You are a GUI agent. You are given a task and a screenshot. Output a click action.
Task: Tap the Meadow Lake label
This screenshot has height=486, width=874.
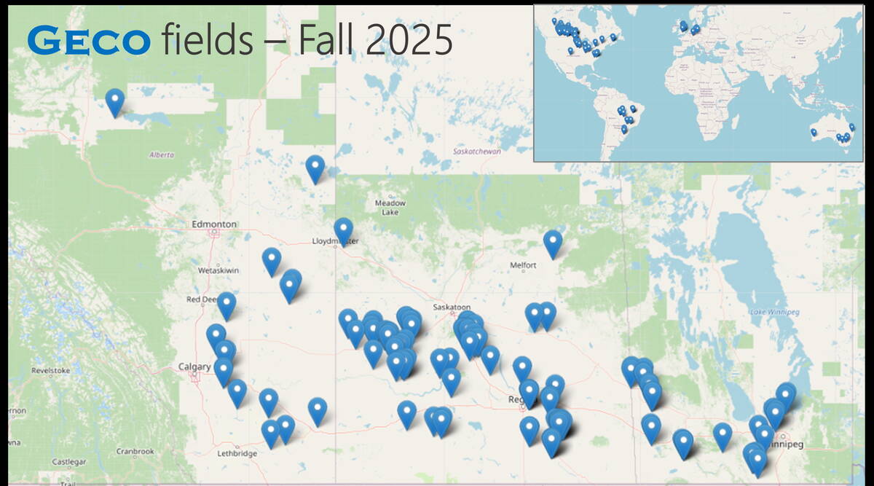tap(390, 208)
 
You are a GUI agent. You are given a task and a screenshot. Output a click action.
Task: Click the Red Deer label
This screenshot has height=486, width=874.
tap(202, 299)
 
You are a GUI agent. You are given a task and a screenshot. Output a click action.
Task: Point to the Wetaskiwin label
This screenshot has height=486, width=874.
tap(219, 270)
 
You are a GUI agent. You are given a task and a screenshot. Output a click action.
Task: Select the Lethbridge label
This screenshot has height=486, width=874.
tap(237, 454)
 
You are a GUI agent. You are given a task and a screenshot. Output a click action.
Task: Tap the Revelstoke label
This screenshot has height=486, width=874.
tap(50, 371)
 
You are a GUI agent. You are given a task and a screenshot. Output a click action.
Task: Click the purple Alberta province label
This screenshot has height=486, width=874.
tap(162, 154)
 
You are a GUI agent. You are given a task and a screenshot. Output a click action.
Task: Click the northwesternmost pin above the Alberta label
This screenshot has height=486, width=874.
tap(114, 101)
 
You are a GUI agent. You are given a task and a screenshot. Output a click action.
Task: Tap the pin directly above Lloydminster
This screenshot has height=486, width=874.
tap(343, 230)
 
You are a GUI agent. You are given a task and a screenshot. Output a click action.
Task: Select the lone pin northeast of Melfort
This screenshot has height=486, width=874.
tap(553, 243)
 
